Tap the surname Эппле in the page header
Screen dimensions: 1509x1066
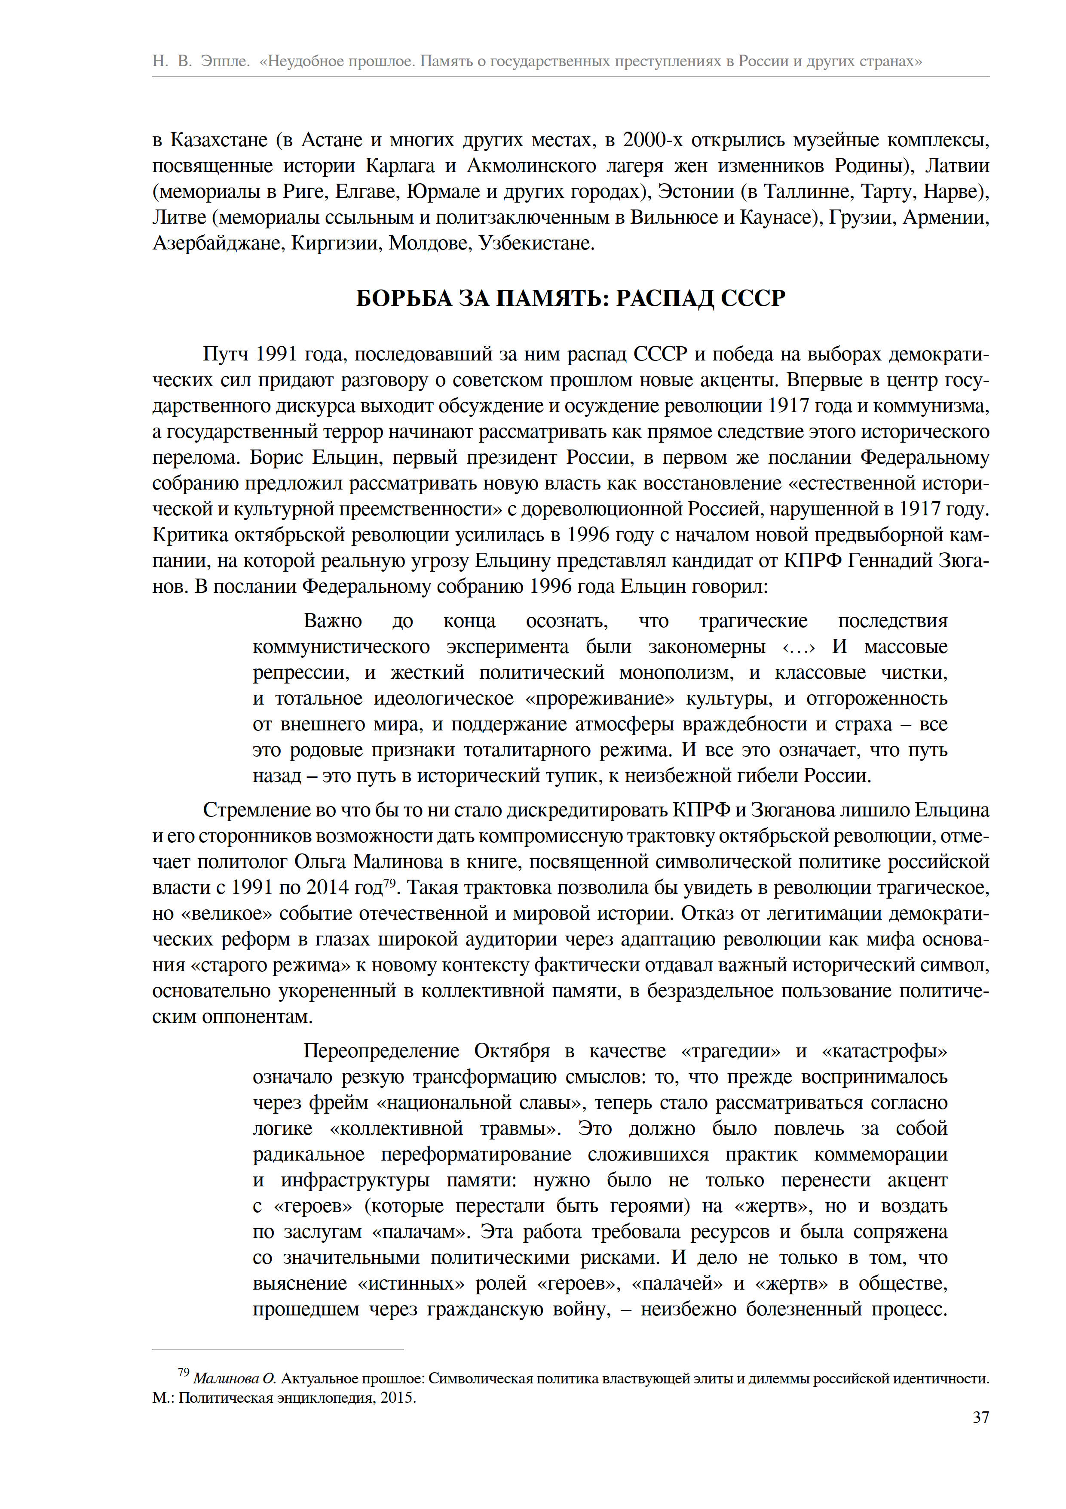click(225, 62)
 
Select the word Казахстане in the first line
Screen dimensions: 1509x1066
click(219, 140)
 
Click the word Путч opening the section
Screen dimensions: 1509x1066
click(225, 354)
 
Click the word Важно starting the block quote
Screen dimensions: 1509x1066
click(332, 621)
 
